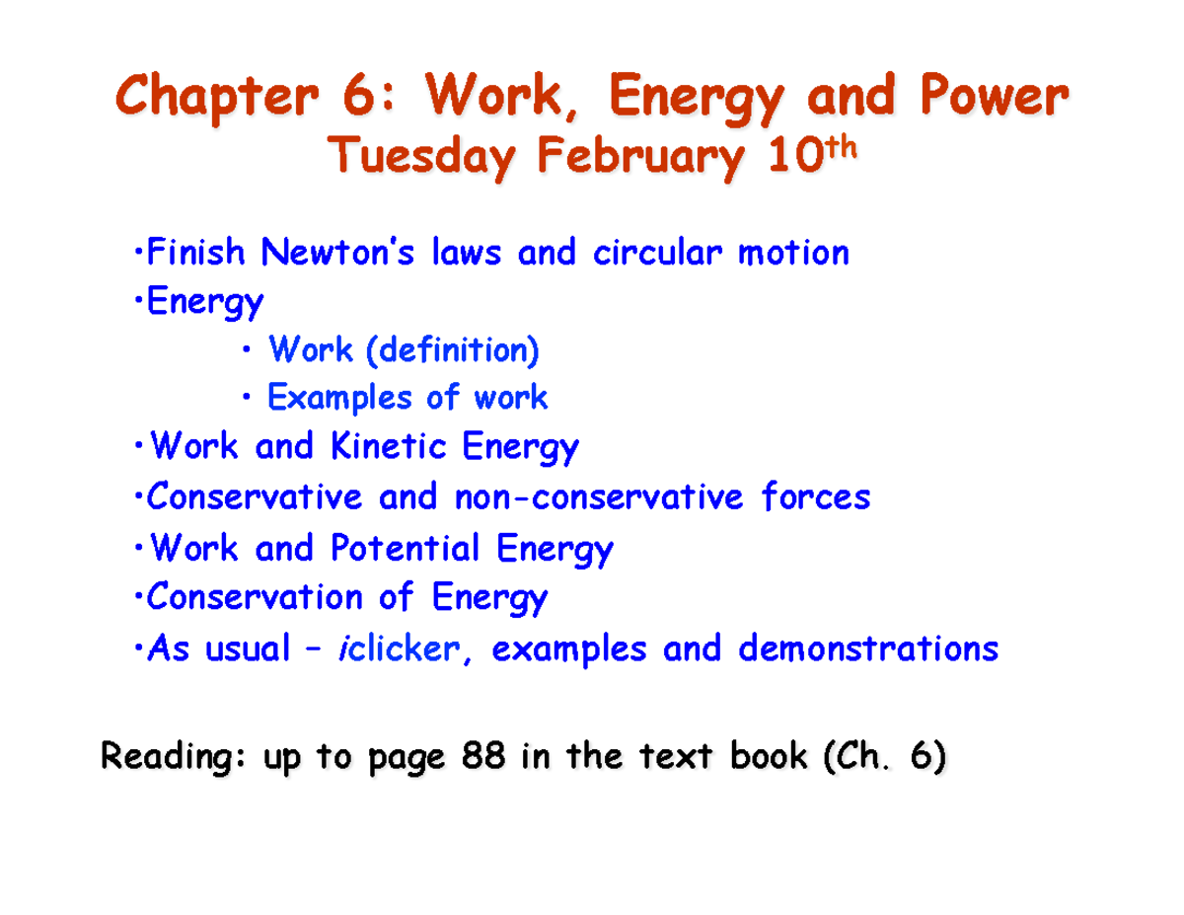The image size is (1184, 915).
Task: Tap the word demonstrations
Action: point(868,649)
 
